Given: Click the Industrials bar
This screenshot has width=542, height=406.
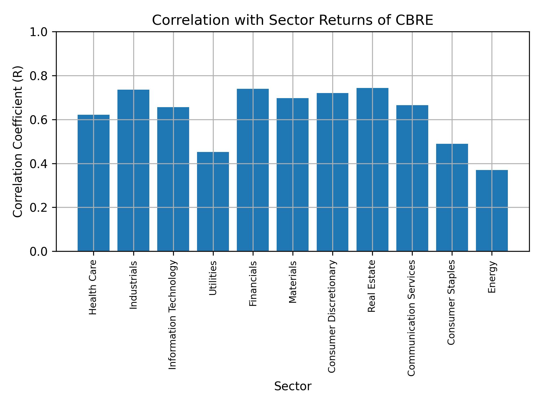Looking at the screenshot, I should pyautogui.click(x=133, y=170).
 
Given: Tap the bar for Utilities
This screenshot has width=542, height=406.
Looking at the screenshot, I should pyautogui.click(x=213, y=201).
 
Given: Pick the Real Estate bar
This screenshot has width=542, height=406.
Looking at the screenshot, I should pyautogui.click(x=372, y=169).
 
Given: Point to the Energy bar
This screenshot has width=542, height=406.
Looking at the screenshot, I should pyautogui.click(x=492, y=210).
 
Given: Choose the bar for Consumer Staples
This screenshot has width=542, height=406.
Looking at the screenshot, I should pyautogui.click(x=452, y=197).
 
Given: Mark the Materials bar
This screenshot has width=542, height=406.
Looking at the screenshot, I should pyautogui.click(x=292, y=175).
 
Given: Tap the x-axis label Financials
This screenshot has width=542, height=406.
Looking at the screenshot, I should pyautogui.click(x=253, y=283).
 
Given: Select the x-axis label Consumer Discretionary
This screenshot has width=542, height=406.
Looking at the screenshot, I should pyautogui.click(x=332, y=316).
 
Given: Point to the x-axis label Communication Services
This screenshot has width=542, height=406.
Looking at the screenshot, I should pyautogui.click(x=412, y=318).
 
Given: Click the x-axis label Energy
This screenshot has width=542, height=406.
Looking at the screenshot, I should pyautogui.click(x=492, y=277).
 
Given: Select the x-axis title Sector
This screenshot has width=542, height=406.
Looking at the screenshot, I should pyautogui.click(x=293, y=386).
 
